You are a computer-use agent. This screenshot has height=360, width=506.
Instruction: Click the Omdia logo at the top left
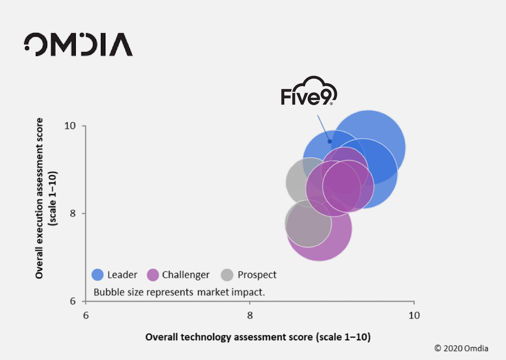(x=78, y=45)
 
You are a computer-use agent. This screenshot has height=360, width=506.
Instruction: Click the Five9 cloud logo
(x=309, y=91)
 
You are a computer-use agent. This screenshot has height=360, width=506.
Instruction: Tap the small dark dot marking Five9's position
(x=329, y=141)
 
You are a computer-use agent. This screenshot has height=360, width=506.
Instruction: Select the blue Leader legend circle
(x=98, y=275)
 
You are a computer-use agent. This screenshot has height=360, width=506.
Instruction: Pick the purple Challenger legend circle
(x=153, y=275)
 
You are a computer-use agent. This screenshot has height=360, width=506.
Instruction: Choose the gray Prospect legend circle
(x=227, y=275)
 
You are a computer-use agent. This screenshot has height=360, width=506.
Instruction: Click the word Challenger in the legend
(x=186, y=275)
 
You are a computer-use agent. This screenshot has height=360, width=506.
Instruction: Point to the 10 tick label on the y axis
(x=70, y=126)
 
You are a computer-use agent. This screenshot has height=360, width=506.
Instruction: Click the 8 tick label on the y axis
(x=73, y=213)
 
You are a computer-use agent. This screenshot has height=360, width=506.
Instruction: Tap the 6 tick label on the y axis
(x=73, y=301)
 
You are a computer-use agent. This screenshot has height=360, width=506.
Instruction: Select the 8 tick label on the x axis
(x=250, y=315)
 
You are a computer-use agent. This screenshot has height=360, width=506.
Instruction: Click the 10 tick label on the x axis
(x=414, y=315)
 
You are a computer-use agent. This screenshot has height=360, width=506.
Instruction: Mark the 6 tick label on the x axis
(x=86, y=315)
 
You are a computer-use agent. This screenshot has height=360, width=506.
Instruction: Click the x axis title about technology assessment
(x=258, y=337)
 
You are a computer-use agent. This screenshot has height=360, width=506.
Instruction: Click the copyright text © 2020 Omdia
(x=461, y=348)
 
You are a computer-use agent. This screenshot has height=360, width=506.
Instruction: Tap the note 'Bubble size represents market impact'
(x=179, y=292)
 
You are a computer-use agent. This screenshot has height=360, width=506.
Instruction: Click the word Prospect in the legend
(x=257, y=275)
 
